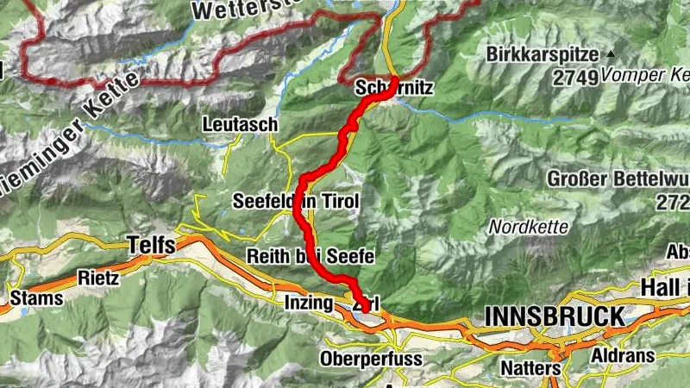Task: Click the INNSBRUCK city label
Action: tap(554, 316)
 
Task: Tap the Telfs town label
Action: tap(151, 245)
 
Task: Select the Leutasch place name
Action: tap(240, 124)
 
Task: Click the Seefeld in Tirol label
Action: tap(295, 202)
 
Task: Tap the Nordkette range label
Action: tap(528, 228)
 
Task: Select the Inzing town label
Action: tap(308, 303)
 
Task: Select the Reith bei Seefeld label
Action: tap(309, 256)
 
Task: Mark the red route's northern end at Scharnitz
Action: tap(395, 79)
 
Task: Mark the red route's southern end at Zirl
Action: tap(367, 308)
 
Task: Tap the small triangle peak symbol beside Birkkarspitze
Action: tap(611, 53)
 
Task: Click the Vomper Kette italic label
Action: tap(646, 75)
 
